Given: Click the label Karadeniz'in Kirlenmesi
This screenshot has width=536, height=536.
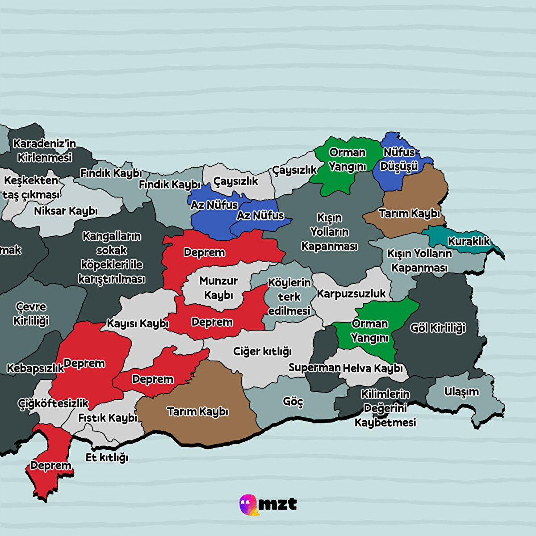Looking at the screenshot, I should [44, 151].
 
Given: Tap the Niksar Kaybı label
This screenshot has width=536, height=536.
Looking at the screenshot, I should [66, 211].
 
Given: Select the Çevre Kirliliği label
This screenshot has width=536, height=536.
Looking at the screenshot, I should [31, 314].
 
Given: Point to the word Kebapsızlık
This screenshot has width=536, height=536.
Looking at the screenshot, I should [35, 368].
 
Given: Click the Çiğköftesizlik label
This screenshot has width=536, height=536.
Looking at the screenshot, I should [53, 403].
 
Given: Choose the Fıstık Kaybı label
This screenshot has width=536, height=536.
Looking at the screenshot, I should [108, 418].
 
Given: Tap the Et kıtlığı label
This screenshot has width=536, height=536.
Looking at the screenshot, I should [107, 457].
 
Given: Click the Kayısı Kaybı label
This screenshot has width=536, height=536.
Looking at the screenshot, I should [137, 323].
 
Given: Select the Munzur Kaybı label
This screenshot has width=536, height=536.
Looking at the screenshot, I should [218, 288].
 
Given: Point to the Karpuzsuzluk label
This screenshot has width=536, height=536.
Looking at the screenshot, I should [351, 294].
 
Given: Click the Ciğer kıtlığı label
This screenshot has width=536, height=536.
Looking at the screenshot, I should [262, 352].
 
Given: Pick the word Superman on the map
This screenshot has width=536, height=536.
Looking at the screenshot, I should [314, 368].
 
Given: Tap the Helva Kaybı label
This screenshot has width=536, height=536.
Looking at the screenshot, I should [373, 368].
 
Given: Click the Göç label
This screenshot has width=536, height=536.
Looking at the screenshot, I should [293, 402].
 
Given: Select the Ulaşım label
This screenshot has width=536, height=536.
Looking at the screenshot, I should [461, 392].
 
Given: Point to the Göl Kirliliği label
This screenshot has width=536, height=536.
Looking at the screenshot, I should [438, 328].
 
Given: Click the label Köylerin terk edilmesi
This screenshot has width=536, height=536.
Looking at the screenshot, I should [289, 297].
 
